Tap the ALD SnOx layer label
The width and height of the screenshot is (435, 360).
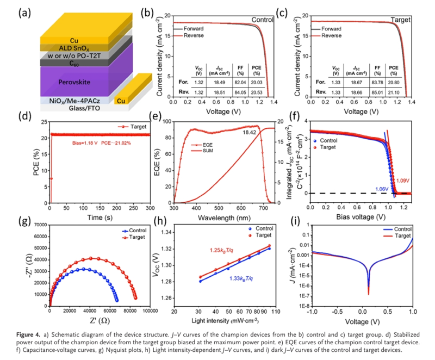pyautogui.click(x=74, y=48)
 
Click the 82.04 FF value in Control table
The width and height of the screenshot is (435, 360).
pyautogui.click(x=239, y=83)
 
